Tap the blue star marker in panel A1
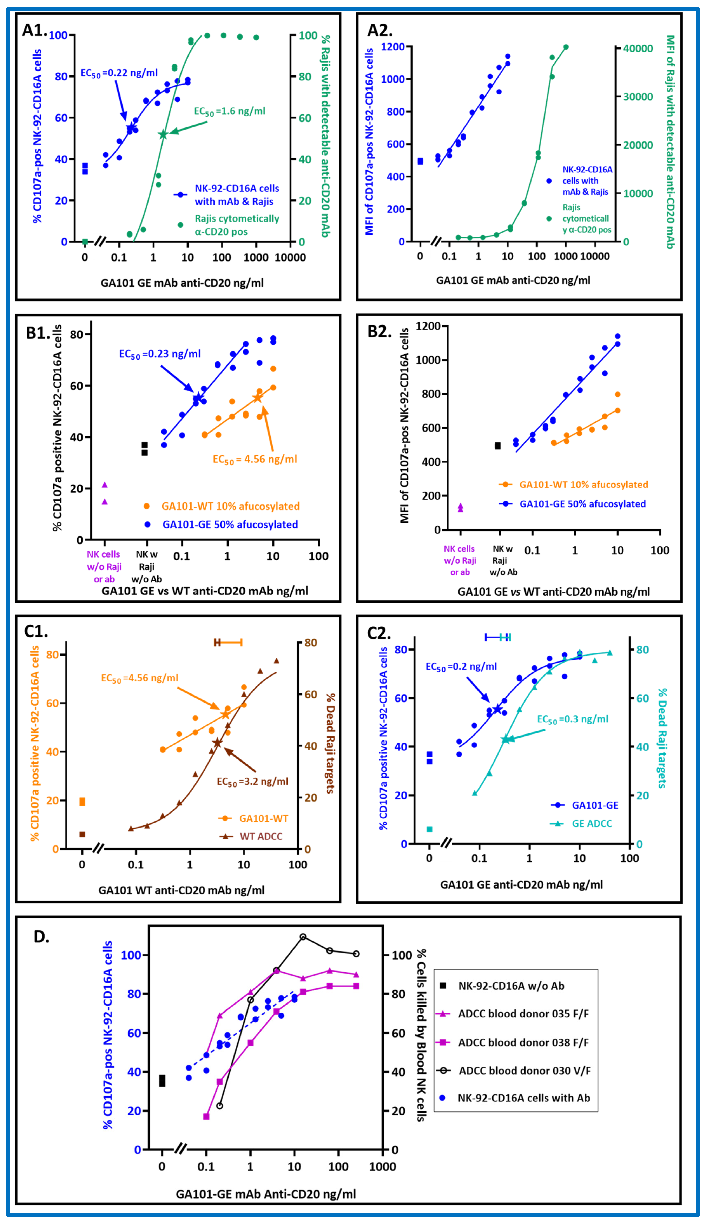[131, 128]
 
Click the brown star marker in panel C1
[217, 743]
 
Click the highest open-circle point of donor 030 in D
[303, 937]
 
